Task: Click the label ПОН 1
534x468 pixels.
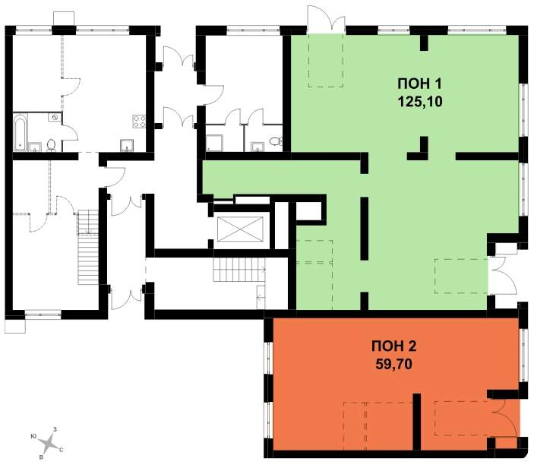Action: (419, 84)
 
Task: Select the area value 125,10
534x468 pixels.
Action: (419, 102)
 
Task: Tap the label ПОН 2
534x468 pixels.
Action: (393, 346)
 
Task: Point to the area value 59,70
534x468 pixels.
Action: (393, 365)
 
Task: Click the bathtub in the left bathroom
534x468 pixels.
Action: (20, 133)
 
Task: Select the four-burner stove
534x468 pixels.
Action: (139, 122)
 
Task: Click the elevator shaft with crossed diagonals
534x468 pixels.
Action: (241, 229)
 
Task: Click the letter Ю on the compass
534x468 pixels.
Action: (33, 436)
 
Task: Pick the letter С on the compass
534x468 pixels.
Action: (62, 450)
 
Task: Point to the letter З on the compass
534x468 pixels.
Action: (55, 429)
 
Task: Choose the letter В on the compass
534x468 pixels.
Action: (41, 457)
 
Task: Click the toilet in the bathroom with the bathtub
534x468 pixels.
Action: (51, 145)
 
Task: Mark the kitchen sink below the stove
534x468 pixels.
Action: (127, 145)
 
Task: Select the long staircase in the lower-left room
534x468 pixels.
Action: (88, 247)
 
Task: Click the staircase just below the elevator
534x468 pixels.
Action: (239, 270)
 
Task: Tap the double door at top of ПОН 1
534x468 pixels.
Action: (327, 19)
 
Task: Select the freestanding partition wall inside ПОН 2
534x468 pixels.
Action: (417, 422)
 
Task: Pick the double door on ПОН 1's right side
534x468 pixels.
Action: (502, 275)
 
